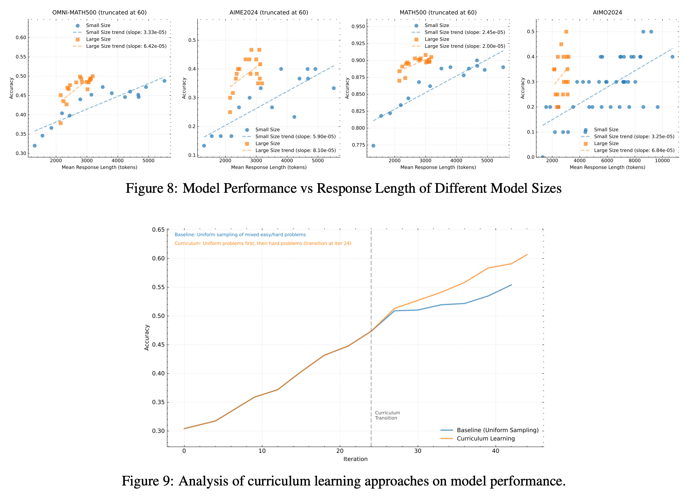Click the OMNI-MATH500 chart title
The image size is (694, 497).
[x=99, y=13]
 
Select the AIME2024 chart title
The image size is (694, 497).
[x=269, y=13]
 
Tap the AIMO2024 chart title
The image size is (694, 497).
[x=607, y=13]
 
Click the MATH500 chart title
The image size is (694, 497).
[x=438, y=13]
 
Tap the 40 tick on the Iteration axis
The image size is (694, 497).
[x=496, y=451]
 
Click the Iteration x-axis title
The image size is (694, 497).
[x=355, y=459]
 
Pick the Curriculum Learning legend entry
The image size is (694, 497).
[x=485, y=439]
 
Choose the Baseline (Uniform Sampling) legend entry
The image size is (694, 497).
[x=497, y=430]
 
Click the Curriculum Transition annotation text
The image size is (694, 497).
[x=387, y=415]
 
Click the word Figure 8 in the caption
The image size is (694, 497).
[x=151, y=188]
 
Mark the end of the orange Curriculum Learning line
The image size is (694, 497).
[x=527, y=255]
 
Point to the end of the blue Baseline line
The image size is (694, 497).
[x=511, y=285]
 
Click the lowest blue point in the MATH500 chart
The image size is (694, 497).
[x=373, y=146]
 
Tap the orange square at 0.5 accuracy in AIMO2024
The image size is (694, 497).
[x=566, y=32]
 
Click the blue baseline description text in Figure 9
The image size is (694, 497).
[x=240, y=235]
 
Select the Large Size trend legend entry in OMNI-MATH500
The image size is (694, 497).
[x=126, y=46]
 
